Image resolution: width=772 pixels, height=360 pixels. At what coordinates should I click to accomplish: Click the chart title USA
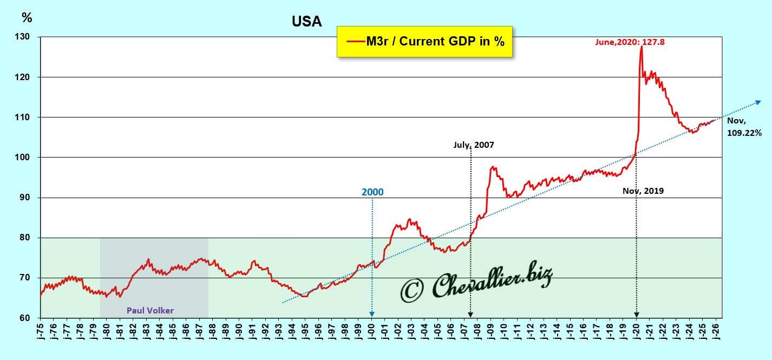click(x=306, y=22)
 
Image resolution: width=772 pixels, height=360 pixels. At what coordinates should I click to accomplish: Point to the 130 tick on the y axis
click(x=25, y=37)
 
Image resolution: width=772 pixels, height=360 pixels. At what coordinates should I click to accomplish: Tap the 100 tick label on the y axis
click(x=25, y=158)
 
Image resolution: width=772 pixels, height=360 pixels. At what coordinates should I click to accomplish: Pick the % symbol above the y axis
click(x=27, y=17)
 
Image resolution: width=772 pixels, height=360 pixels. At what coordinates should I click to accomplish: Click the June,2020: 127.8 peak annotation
click(x=629, y=42)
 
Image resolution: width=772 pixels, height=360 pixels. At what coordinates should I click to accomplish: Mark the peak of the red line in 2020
click(x=642, y=47)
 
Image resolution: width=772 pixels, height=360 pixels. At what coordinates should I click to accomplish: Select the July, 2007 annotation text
click(x=474, y=145)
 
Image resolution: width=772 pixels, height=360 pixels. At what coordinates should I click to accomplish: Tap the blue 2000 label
click(x=372, y=192)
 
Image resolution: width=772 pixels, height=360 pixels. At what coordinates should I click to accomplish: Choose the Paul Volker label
click(x=151, y=311)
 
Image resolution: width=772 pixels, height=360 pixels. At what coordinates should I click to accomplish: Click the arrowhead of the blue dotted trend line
click(x=758, y=102)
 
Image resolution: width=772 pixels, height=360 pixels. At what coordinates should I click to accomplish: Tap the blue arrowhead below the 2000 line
click(x=372, y=314)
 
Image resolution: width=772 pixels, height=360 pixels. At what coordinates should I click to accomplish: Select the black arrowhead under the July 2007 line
click(x=470, y=314)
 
